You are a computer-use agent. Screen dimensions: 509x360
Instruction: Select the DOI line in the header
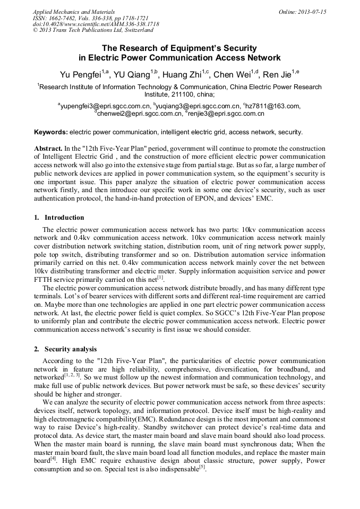[95, 24]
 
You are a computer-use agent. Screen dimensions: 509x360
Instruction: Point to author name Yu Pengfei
[80, 74]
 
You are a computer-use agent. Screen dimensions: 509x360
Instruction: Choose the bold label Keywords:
[51, 132]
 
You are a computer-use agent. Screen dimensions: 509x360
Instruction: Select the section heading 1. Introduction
[59, 217]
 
